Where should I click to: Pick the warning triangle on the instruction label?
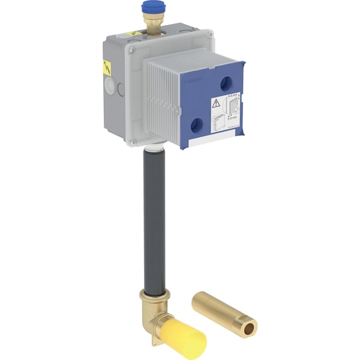coord(216,103)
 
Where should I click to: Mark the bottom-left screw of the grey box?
coord(133,142)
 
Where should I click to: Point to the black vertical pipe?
coord(155,222)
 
